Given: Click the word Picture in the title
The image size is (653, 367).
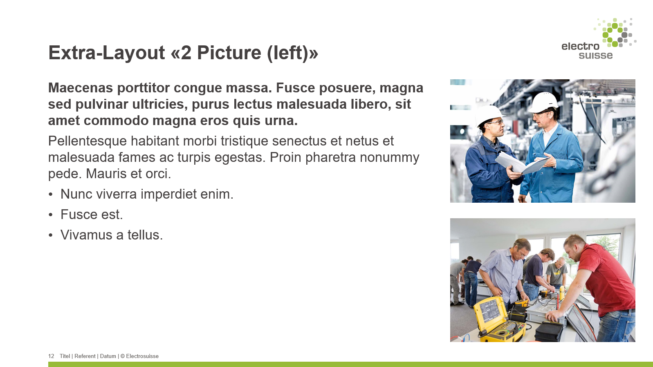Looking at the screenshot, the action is (229, 53).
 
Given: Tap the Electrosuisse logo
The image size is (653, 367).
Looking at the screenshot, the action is (599, 39).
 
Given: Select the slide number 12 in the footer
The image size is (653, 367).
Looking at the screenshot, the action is (51, 356).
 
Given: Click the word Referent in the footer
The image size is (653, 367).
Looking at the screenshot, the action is (85, 356).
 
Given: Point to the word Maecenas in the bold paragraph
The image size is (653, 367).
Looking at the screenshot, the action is (81, 88).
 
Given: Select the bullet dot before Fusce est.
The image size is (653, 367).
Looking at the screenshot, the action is (51, 215).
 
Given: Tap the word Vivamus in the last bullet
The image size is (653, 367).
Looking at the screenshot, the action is (86, 235).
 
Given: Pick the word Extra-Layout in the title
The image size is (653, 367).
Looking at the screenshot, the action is (107, 53).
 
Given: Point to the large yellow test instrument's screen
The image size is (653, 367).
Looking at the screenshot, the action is (491, 311).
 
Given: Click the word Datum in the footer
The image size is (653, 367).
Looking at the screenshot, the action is (108, 356).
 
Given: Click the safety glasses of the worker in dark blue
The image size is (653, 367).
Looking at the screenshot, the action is (496, 122).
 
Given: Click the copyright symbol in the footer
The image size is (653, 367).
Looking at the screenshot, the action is (122, 356).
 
